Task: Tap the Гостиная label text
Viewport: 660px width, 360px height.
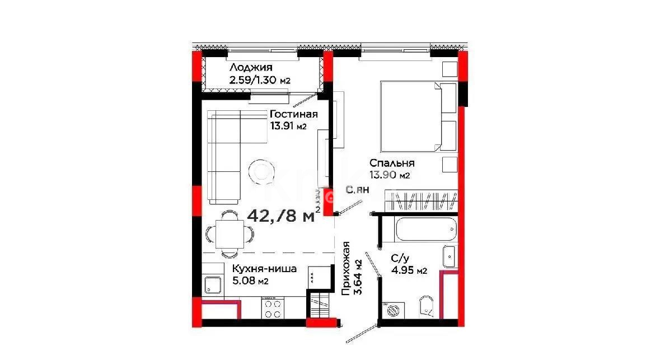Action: (293, 114)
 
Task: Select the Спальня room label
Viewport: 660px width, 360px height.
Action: (391, 163)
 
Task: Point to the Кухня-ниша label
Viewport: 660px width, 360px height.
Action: (264, 269)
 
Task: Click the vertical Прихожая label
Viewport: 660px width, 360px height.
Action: (347, 268)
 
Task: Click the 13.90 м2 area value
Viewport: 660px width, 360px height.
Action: (390, 175)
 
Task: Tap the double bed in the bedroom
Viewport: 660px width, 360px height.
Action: (417, 116)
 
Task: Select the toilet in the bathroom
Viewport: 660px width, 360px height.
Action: (427, 306)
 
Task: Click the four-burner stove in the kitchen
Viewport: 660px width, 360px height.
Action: (273, 308)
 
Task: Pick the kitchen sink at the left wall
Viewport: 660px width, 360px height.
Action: (213, 286)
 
